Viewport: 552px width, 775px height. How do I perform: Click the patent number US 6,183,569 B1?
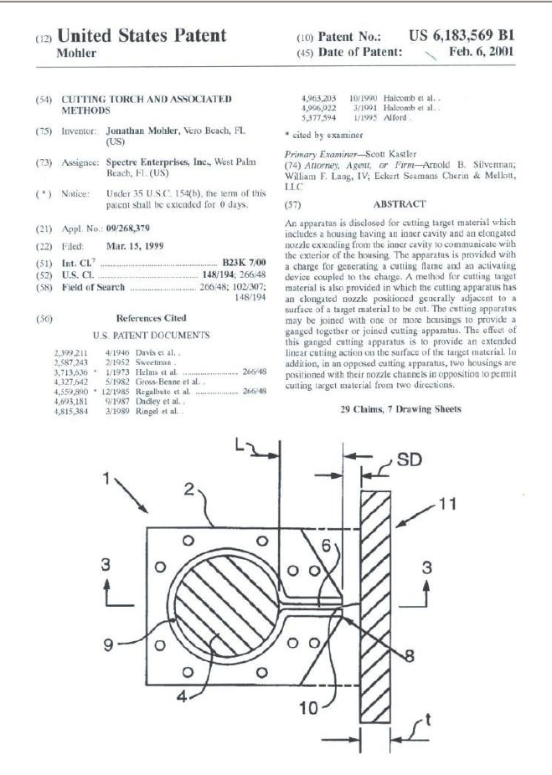coord(461,36)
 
